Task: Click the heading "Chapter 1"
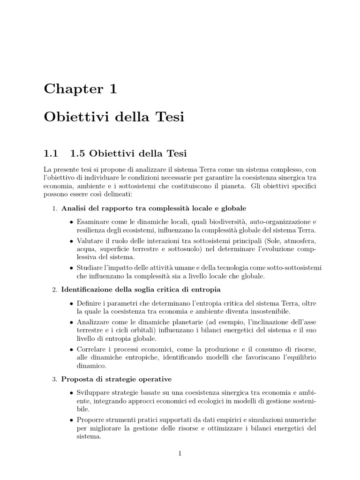(x=80, y=89)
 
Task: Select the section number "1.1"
(x=51, y=153)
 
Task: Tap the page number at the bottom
(x=180, y=453)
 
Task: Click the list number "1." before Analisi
(x=54, y=208)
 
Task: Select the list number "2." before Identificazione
(x=54, y=290)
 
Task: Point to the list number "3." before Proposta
(x=54, y=379)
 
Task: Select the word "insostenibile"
(x=268, y=311)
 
